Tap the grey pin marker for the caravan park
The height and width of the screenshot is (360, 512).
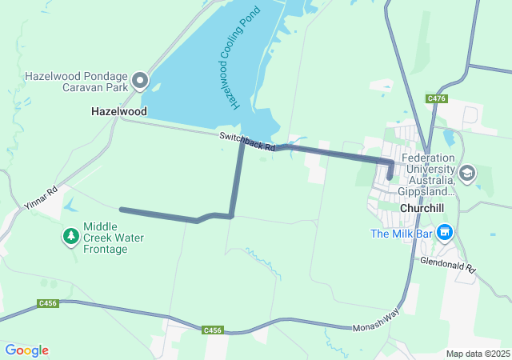coord(141,80)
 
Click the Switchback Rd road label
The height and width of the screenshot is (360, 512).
coord(247,142)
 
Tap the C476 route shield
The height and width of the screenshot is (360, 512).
coord(436,98)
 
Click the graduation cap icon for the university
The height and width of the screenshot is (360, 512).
coord(467,173)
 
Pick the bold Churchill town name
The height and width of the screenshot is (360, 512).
coord(421,208)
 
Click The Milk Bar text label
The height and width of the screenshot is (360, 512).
coord(401,234)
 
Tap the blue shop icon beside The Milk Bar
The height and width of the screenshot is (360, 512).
coord(446,234)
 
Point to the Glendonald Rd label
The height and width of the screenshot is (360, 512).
coord(448,266)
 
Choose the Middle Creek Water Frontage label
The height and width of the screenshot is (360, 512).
coord(114,238)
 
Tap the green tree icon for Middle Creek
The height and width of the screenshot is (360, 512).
coord(71,236)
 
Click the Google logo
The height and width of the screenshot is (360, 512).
coord(26,350)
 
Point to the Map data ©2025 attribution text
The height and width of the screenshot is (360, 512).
coord(477,354)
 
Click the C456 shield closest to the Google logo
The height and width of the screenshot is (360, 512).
coord(47,303)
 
